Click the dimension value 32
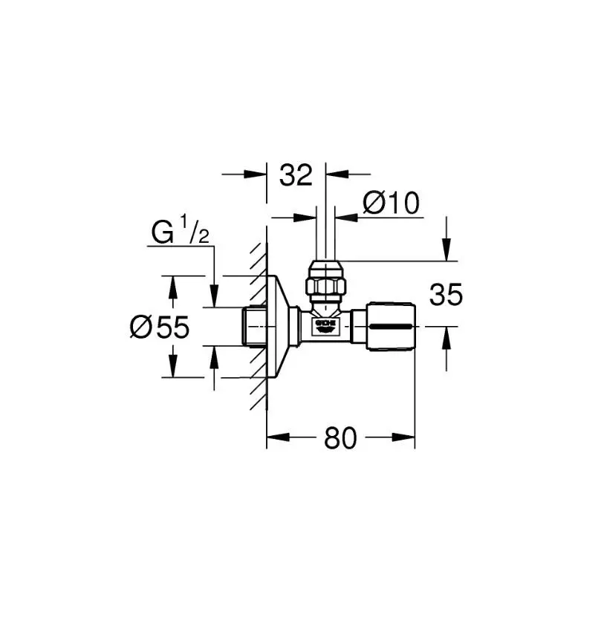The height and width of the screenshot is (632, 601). [296, 175]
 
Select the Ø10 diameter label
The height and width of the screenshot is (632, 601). [391, 203]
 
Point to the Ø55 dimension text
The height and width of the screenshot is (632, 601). [159, 328]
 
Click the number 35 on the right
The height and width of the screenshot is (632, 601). [446, 296]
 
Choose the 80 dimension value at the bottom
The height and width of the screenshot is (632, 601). [340, 439]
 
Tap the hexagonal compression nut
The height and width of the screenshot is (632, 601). [325, 284]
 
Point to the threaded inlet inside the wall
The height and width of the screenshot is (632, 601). [254, 326]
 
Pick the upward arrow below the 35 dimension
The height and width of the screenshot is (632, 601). [446, 337]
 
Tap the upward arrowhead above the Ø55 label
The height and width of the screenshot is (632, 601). [173, 285]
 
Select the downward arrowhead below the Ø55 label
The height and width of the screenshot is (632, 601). [173, 368]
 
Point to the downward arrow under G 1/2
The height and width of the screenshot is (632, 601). [214, 297]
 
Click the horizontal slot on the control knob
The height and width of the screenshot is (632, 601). [392, 327]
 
